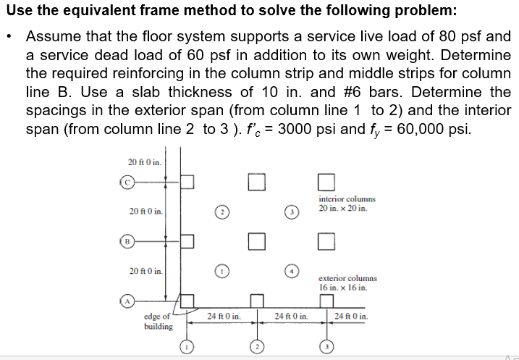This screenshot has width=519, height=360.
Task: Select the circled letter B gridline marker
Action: coord(127,239)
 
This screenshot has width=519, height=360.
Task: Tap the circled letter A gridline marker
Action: coord(127,298)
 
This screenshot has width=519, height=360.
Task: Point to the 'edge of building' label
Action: coord(159,321)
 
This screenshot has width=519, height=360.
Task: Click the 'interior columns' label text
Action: coord(347,198)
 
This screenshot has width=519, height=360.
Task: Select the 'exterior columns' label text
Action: coord(347,278)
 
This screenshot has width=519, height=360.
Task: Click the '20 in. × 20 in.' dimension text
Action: coord(342,208)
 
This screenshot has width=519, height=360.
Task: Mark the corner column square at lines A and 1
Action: coord(187,299)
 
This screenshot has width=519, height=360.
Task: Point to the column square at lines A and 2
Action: coord(256,299)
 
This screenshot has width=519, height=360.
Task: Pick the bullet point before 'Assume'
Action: coord(14,36)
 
